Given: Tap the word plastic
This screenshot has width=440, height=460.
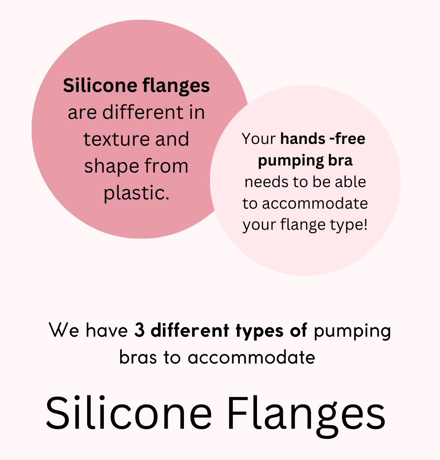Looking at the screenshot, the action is pos(137,193).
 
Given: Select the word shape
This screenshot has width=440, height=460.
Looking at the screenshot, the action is pos(111,167).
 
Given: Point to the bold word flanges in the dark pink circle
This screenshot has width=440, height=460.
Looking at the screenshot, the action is pos(176,86).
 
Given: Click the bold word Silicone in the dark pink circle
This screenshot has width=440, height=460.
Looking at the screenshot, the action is pos(100,85).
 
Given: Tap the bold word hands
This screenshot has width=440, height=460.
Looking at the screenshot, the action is pos(302,139).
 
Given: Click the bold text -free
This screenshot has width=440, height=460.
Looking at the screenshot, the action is pos(347,139).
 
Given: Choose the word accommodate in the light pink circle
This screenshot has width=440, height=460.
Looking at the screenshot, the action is pos(315,203).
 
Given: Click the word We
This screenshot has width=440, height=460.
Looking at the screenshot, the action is pos(64,330).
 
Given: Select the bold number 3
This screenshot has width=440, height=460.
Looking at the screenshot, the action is pos(139,330).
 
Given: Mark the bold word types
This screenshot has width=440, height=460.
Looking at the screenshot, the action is pos(260,331).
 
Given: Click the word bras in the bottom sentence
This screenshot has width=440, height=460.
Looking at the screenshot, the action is pos(138,357).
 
